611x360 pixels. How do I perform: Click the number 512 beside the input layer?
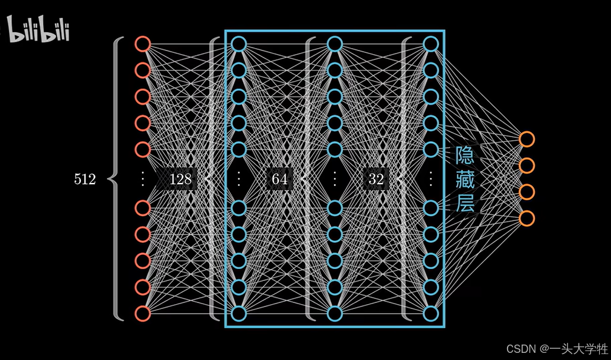tap(84, 179)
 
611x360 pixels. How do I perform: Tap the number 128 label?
tap(180, 179)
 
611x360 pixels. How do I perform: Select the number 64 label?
tap(279, 179)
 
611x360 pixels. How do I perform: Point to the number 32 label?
tap(376, 179)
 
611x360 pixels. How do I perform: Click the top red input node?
tap(142, 44)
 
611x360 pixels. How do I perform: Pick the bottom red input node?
tap(142, 313)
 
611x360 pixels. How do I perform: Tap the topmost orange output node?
tap(527, 139)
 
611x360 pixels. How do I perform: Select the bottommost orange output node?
tap(527, 218)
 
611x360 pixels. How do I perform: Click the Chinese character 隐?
tap(465, 156)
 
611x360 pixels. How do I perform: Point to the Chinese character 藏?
tap(465, 179)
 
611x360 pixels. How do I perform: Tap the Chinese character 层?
tap(465, 203)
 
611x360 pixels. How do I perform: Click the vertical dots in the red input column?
tap(142, 179)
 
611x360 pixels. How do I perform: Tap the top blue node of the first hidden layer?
tap(238, 44)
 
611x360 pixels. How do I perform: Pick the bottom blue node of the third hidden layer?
tap(431, 313)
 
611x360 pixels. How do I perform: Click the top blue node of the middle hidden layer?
tap(335, 44)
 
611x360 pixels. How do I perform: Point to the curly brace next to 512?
tap(116, 179)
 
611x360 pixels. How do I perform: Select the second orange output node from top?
tap(527, 165)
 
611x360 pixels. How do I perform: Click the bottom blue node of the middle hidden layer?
tap(335, 313)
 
